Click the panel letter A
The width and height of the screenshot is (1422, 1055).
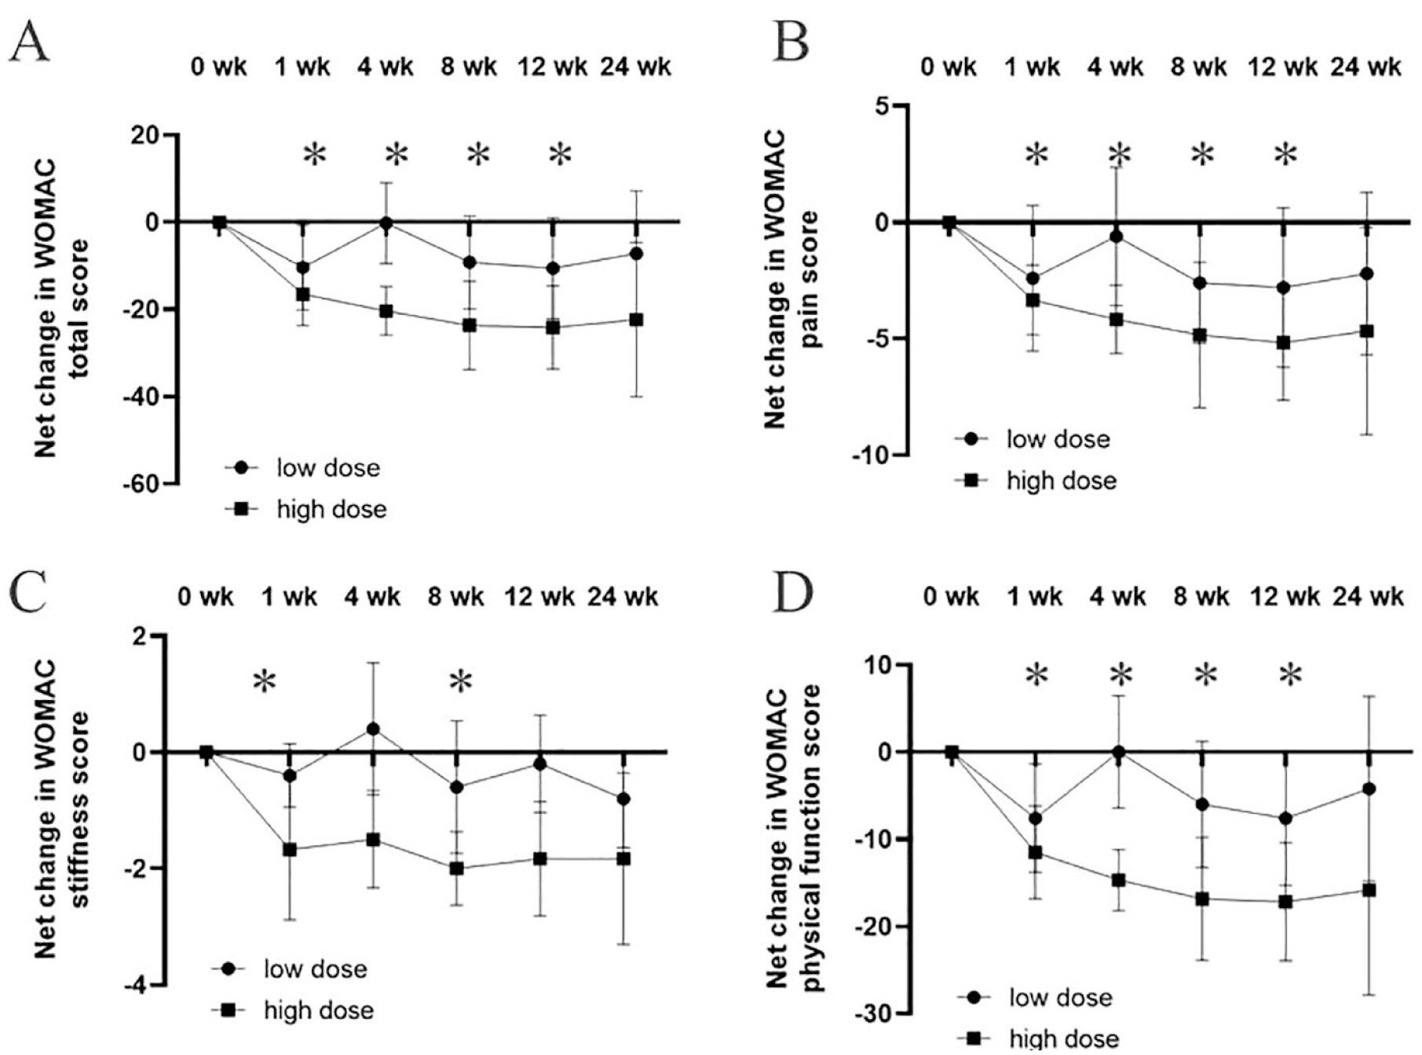tap(29, 41)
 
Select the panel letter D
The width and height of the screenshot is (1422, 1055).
tap(793, 595)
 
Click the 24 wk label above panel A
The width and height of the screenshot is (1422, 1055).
tap(635, 67)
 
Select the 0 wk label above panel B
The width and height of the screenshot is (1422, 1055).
tap(949, 67)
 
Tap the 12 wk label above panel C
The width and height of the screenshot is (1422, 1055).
tap(539, 597)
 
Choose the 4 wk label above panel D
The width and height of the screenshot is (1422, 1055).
tap(1117, 597)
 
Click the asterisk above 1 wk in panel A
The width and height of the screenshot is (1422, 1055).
tap(314, 154)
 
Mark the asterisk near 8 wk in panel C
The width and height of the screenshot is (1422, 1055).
tap(461, 681)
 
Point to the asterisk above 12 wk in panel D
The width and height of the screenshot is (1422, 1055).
tap(1291, 674)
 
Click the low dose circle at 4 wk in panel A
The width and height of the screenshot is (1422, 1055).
tap(386, 223)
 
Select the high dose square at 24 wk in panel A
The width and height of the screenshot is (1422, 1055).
tap(635, 320)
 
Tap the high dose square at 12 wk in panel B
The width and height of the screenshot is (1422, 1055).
tap(1284, 343)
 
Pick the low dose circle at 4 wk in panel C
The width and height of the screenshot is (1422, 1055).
tap(373, 729)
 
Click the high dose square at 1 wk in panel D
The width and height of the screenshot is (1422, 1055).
tap(1036, 852)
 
